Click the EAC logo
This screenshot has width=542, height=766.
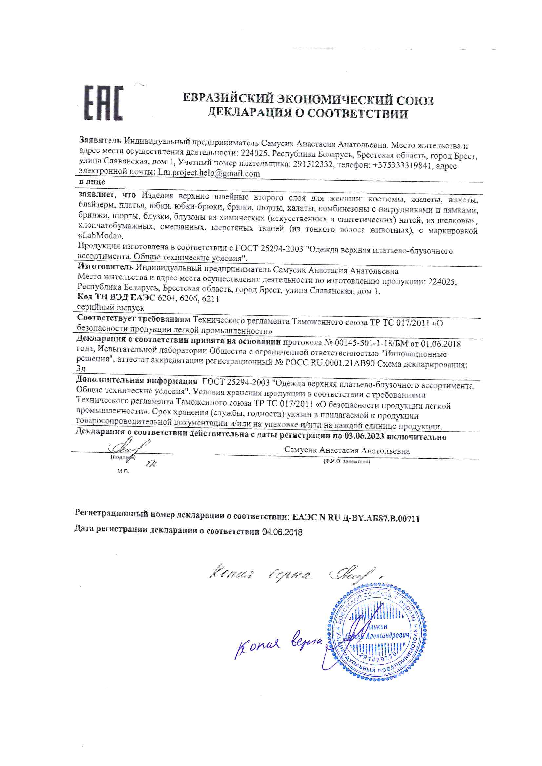103,103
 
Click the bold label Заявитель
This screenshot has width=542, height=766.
100,140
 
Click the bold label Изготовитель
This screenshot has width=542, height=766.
105,266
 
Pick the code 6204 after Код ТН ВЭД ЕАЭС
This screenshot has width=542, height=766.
166,298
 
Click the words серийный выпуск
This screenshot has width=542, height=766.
110,308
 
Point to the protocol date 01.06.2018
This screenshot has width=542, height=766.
440,344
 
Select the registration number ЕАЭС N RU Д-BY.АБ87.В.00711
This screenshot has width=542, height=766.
356,518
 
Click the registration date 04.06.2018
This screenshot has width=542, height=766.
282,532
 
